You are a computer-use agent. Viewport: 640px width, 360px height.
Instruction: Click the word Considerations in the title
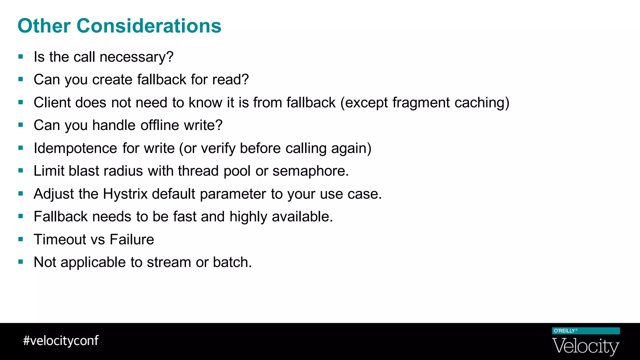pyautogui.click(x=149, y=26)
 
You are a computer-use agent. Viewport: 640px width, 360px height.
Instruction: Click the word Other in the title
pyautogui.click(x=44, y=26)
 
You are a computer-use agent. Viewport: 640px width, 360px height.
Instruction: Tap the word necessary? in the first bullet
pyautogui.click(x=137, y=57)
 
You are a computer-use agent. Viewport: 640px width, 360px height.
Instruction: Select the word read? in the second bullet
pyautogui.click(x=231, y=80)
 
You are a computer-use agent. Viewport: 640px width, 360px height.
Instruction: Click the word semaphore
pyautogui.click(x=310, y=171)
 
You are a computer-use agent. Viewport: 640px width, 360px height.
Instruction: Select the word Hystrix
pyautogui.click(x=125, y=194)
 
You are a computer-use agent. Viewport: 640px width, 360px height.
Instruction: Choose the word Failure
pyautogui.click(x=132, y=239)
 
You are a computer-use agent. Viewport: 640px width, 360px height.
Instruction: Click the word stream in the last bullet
pyautogui.click(x=169, y=262)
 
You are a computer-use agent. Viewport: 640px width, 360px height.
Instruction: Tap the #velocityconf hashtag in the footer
pyautogui.click(x=61, y=341)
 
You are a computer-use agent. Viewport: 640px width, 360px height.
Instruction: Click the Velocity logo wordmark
pyautogui.click(x=586, y=347)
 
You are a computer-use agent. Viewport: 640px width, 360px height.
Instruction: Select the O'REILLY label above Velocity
pyautogui.click(x=564, y=331)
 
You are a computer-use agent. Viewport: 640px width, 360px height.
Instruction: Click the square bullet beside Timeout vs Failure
pyautogui.click(x=21, y=239)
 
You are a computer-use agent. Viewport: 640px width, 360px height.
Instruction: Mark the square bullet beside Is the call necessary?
pyautogui.click(x=21, y=57)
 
